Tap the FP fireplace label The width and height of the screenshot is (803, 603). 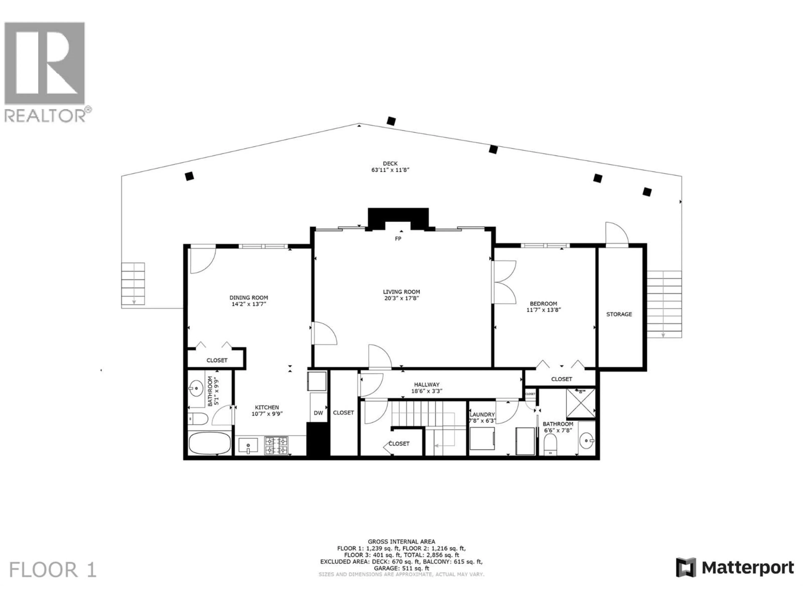pos(398,239)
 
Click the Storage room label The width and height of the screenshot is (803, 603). pos(619,314)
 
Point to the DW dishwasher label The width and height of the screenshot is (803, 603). pos(318,413)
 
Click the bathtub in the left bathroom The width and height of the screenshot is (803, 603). pos(210,443)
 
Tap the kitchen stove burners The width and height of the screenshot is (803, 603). pos(276,446)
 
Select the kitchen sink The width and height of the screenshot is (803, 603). pos(248,445)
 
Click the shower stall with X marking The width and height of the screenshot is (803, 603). pos(581,403)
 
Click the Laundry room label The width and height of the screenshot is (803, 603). pos(482,414)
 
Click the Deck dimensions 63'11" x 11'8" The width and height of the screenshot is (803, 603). pos(390,170)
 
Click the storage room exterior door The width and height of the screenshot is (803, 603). pos(616,234)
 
